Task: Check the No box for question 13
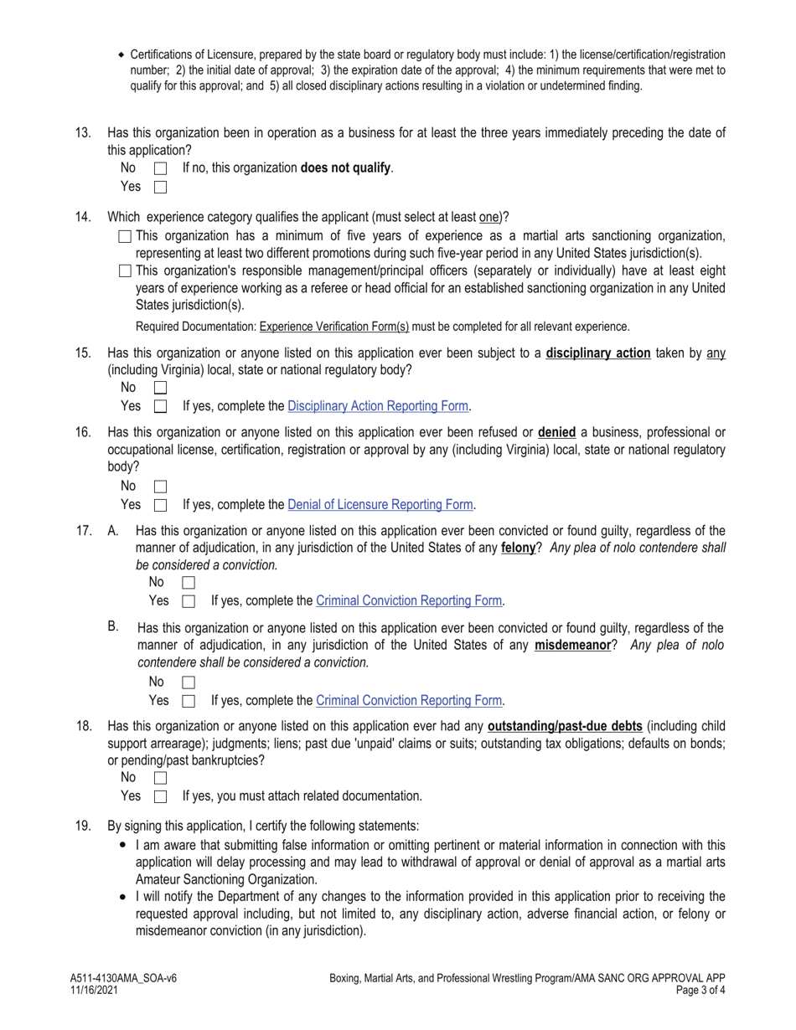pyautogui.click(x=161, y=168)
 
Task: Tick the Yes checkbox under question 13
pyautogui.click(x=161, y=187)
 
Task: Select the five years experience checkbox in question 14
pyautogui.click(x=126, y=236)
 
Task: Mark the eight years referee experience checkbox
pyautogui.click(x=126, y=270)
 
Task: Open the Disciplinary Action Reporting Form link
pyautogui.click(x=377, y=406)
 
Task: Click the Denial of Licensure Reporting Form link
pyautogui.click(x=380, y=505)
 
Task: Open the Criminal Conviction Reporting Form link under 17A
pyautogui.click(x=409, y=600)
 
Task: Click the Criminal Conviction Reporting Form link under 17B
pyautogui.click(x=409, y=700)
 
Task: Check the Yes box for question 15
pyautogui.click(x=161, y=407)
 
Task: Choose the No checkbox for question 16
pyautogui.click(x=161, y=487)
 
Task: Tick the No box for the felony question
pyautogui.click(x=189, y=582)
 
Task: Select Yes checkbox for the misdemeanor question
pyautogui.click(x=189, y=701)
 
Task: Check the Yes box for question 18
pyautogui.click(x=161, y=796)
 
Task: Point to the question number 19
pyautogui.click(x=83, y=826)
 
